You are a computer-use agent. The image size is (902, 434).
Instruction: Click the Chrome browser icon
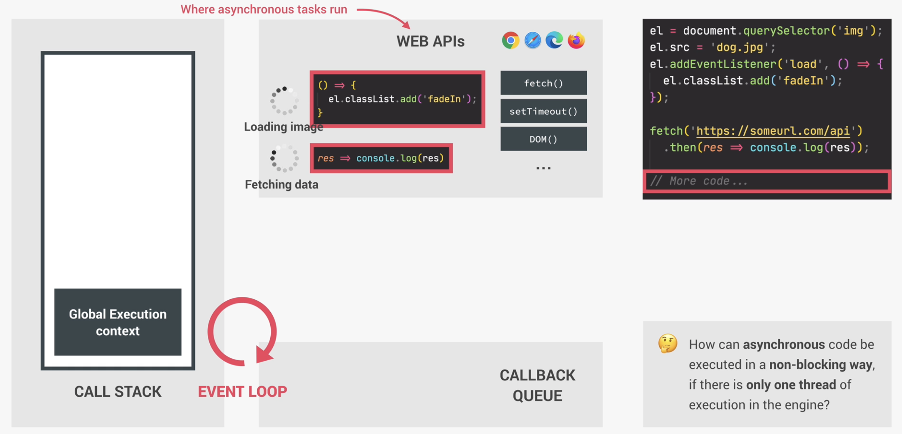[510, 41]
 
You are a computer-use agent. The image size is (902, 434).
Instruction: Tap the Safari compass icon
[532, 41]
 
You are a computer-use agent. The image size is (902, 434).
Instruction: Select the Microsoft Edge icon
[554, 41]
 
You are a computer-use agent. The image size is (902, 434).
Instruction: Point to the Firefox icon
[576, 41]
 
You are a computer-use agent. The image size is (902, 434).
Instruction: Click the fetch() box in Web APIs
[543, 83]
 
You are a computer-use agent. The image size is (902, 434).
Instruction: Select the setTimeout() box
[543, 111]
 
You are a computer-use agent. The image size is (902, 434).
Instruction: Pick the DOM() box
[543, 139]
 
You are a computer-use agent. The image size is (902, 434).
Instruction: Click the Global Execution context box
[118, 322]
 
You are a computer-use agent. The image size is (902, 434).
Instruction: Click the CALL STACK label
[118, 392]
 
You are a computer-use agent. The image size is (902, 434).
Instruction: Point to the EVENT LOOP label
[242, 392]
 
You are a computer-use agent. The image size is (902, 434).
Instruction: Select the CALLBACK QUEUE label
[537, 386]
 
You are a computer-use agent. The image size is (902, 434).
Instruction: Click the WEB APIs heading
[430, 41]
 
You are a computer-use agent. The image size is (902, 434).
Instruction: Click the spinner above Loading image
[284, 101]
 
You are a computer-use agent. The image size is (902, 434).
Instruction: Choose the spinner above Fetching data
[284, 158]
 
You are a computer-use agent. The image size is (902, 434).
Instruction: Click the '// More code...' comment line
[699, 181]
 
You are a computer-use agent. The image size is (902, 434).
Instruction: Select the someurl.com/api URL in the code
[773, 131]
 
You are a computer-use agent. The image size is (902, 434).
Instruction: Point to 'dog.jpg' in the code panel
[740, 47]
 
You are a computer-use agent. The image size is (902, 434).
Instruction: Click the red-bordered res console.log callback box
[381, 158]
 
